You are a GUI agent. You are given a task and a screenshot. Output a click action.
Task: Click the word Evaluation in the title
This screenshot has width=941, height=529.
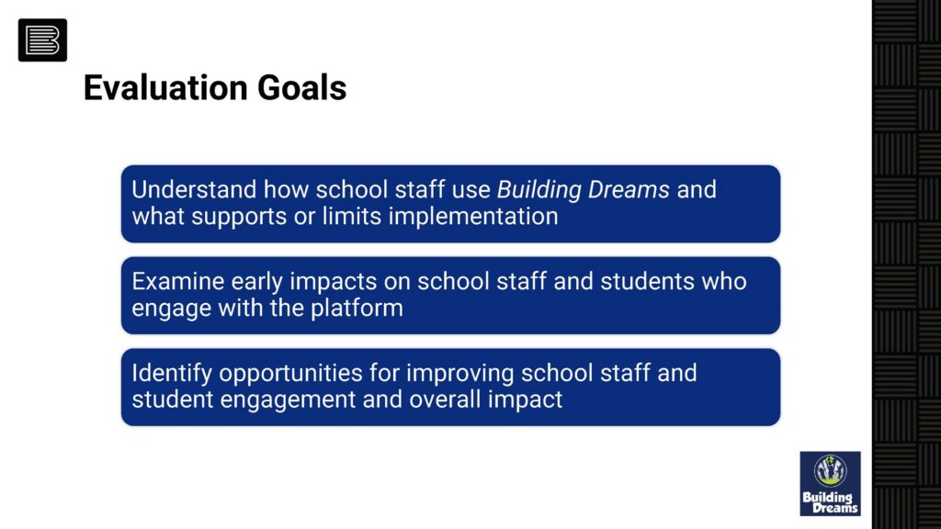click(165, 87)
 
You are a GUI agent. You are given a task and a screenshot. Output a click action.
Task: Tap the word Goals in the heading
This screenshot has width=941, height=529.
click(301, 87)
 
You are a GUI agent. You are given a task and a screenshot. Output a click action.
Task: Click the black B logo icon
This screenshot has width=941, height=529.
click(42, 40)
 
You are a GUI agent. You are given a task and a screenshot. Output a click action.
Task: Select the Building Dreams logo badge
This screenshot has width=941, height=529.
click(830, 483)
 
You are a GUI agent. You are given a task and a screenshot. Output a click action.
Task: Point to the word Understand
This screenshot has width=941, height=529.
click(194, 189)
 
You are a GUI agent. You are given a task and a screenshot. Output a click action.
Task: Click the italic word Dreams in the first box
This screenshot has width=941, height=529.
click(629, 189)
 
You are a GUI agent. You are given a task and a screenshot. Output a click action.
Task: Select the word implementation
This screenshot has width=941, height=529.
click(473, 217)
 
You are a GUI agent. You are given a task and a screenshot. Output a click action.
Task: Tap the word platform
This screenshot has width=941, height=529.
click(357, 309)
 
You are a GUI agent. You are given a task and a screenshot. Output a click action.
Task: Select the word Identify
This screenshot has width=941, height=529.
click(172, 373)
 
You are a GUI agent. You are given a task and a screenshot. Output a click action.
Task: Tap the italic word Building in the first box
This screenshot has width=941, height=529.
click(539, 190)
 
